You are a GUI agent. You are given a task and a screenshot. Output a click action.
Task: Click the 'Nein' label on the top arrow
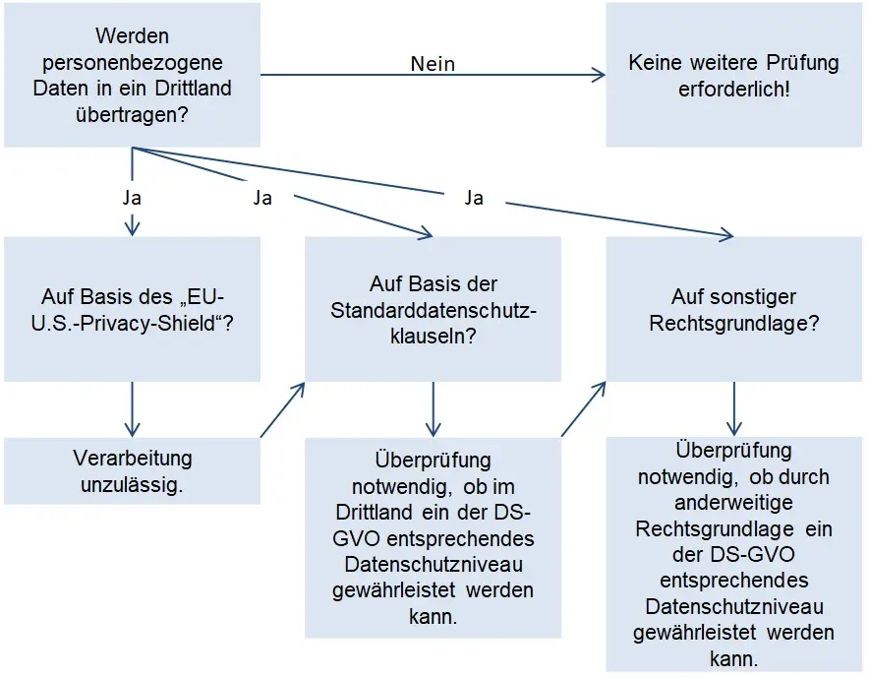[x=433, y=64]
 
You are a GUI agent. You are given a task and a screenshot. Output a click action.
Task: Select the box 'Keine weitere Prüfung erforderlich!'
[x=733, y=75]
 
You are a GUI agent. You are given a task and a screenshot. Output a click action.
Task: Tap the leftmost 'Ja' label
[x=132, y=198]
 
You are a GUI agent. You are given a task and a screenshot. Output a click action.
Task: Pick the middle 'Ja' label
[x=262, y=198]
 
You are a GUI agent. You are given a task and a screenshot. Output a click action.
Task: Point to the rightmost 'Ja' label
[x=474, y=198]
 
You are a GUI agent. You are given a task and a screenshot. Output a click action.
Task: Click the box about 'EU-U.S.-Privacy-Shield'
[x=132, y=309]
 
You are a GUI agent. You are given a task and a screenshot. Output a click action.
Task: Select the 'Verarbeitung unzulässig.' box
[x=132, y=471]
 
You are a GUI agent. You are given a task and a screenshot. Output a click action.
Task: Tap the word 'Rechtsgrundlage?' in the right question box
[x=733, y=322]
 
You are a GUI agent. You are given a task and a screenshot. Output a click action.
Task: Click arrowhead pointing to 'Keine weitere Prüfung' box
[x=600, y=75]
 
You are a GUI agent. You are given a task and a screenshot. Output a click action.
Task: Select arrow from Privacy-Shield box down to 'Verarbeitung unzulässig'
[x=132, y=408]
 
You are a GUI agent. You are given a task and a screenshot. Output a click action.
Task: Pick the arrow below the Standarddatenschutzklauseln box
[x=433, y=408]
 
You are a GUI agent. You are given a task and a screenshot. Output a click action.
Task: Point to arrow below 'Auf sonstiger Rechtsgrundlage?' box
[x=733, y=408]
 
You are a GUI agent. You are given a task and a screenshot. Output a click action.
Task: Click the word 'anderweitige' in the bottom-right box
[x=733, y=503]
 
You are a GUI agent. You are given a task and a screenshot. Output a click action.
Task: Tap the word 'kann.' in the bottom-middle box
[x=433, y=616]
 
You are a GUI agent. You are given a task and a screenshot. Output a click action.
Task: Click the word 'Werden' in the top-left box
[x=132, y=37]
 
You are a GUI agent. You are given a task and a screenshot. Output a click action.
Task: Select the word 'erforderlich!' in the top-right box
[x=733, y=89]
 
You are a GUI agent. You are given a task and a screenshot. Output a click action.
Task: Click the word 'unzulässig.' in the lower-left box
[x=132, y=484]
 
